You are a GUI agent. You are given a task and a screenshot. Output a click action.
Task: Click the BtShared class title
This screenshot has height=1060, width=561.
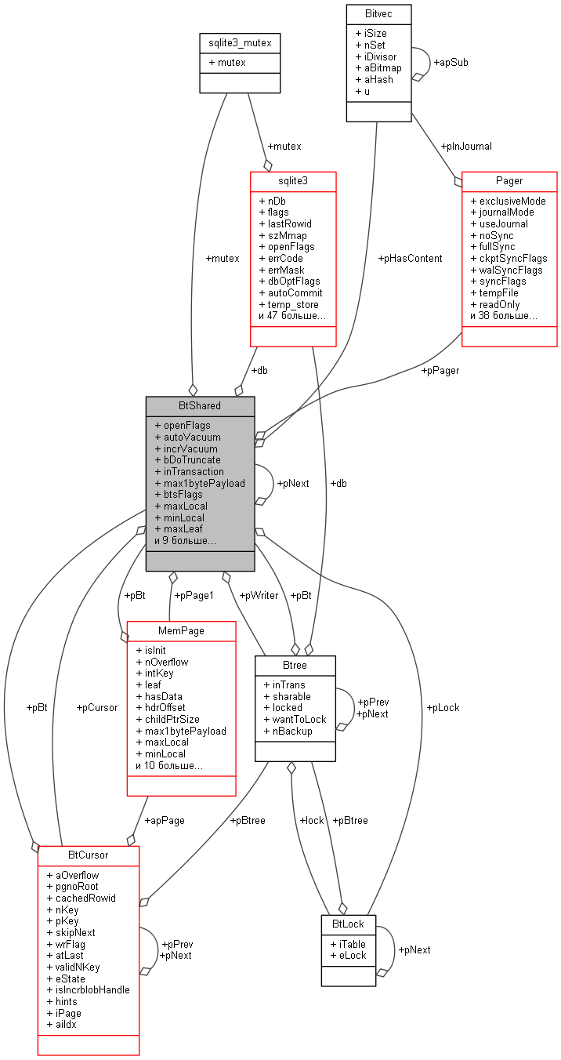[x=200, y=405]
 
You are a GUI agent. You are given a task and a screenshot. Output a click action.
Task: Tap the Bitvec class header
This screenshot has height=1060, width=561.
[x=378, y=14]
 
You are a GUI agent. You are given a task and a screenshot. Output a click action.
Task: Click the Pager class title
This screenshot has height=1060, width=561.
[x=509, y=180]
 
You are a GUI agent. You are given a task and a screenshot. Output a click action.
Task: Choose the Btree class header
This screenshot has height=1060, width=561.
[x=295, y=665]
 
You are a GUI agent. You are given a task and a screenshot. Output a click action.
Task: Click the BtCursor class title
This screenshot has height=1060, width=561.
[x=88, y=855]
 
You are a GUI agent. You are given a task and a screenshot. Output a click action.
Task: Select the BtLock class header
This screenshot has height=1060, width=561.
[x=348, y=924]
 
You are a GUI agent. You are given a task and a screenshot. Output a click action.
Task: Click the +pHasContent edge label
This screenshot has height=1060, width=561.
[x=410, y=258]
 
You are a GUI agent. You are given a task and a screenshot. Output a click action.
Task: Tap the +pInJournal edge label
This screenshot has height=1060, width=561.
[x=466, y=146]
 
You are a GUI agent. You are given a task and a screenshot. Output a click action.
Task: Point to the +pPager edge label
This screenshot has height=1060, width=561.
[x=440, y=370]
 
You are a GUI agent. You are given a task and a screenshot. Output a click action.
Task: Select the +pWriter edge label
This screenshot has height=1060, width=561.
[x=259, y=595]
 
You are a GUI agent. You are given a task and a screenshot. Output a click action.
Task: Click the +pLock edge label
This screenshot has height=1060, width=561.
[x=443, y=707]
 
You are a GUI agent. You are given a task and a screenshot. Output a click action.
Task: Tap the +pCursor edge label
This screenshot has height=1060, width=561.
[x=96, y=707]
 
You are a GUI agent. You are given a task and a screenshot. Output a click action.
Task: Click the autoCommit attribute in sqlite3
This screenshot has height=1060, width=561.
[x=290, y=292]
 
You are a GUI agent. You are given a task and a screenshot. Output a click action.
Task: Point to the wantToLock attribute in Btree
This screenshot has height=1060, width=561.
[x=295, y=719]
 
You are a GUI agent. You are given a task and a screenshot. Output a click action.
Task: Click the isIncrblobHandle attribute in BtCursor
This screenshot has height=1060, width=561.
[x=88, y=989]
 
